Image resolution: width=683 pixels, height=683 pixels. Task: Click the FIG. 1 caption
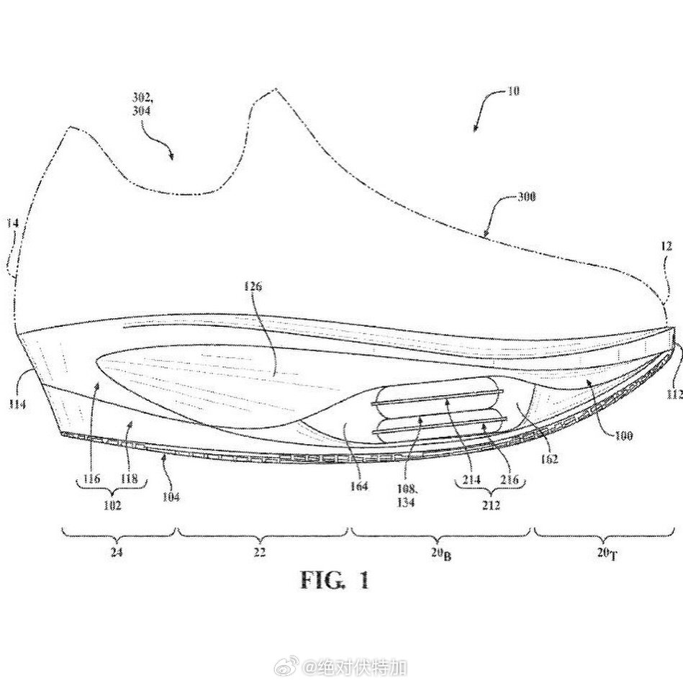[x=334, y=579]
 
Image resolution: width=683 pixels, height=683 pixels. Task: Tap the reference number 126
[x=253, y=286]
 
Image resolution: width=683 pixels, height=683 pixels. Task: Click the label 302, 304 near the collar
[x=142, y=104]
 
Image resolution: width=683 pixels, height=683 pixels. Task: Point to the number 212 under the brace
[x=490, y=505]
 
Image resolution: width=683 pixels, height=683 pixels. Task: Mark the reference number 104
[x=171, y=497]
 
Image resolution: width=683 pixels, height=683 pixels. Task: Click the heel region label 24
[x=115, y=553]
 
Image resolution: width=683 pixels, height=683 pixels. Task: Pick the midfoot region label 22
[x=259, y=553]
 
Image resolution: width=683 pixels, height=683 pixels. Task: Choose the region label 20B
[x=440, y=553]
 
